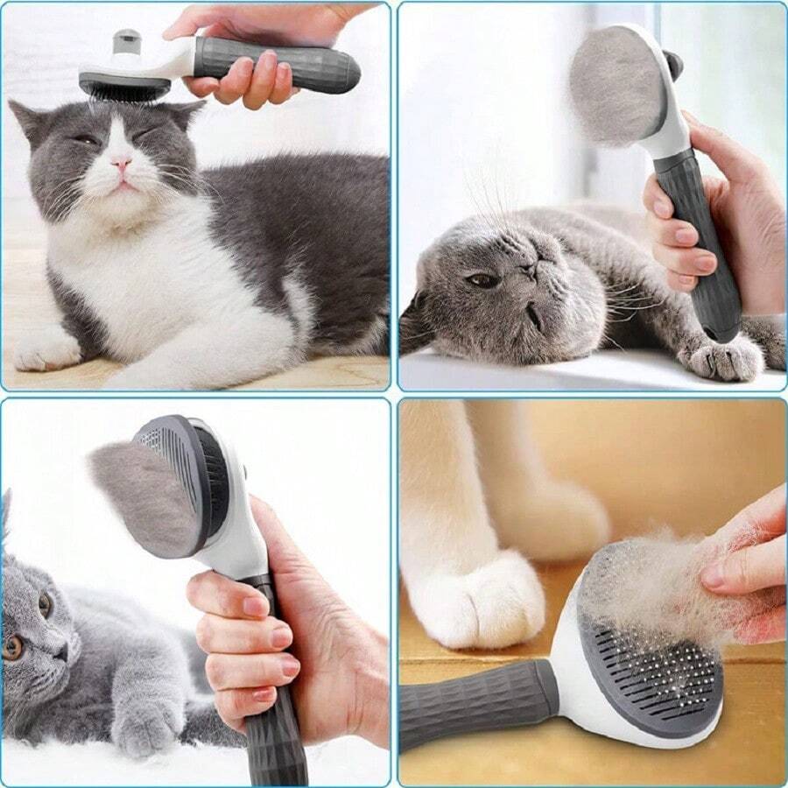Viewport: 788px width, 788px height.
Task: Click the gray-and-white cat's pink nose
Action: [x=121, y=164]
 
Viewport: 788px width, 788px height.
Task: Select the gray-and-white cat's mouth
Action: [x=123, y=183]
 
